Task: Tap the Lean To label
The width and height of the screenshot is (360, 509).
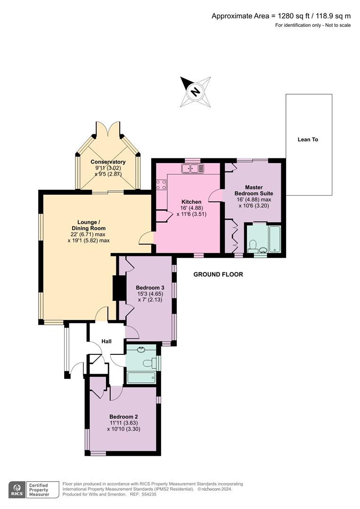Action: (308, 140)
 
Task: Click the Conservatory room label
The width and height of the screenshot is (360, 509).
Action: (108, 162)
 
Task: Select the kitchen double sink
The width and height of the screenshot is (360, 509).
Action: (193, 168)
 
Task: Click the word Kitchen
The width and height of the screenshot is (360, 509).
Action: (190, 202)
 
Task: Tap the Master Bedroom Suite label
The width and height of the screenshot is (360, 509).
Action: (253, 190)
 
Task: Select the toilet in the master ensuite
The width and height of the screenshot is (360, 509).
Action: (253, 245)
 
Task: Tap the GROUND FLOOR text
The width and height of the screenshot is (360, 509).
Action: (218, 274)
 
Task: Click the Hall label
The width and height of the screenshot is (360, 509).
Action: (106, 341)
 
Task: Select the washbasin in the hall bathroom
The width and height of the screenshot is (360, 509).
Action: (141, 350)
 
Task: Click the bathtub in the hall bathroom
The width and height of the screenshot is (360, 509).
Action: (141, 377)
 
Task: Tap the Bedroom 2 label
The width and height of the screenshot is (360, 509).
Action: (123, 417)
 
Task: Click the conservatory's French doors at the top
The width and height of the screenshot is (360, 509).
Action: (108, 129)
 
